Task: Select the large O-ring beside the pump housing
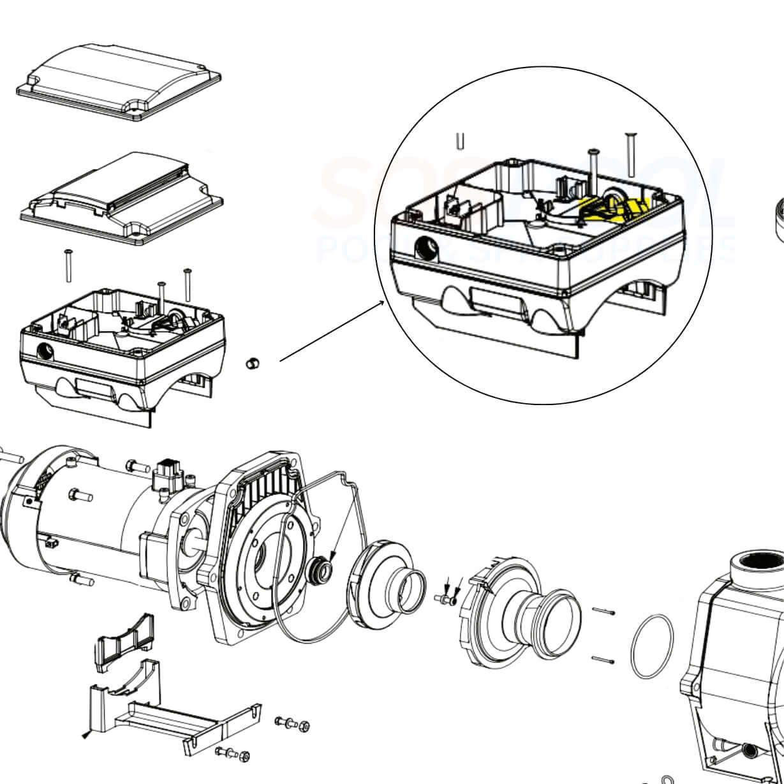tap(651, 647)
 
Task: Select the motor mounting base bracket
tap(172, 718)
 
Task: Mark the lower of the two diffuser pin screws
tap(603, 660)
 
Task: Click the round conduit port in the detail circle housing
tap(424, 246)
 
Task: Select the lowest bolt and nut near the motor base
tap(233, 753)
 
